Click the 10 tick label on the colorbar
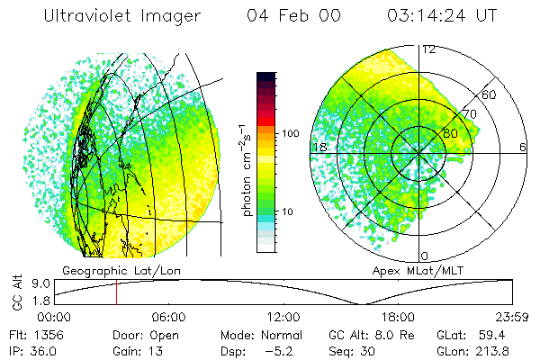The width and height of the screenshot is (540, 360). [288, 211]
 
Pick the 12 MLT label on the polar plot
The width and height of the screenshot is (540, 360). [429, 49]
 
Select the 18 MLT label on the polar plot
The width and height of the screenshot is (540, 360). [318, 147]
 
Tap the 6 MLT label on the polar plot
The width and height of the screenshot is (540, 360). [523, 147]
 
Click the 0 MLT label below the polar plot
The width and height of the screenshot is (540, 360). [425, 256]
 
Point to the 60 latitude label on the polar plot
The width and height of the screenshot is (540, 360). [490, 94]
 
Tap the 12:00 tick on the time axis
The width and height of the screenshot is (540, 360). [283, 318]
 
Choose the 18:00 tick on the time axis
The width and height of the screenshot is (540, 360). [398, 318]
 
